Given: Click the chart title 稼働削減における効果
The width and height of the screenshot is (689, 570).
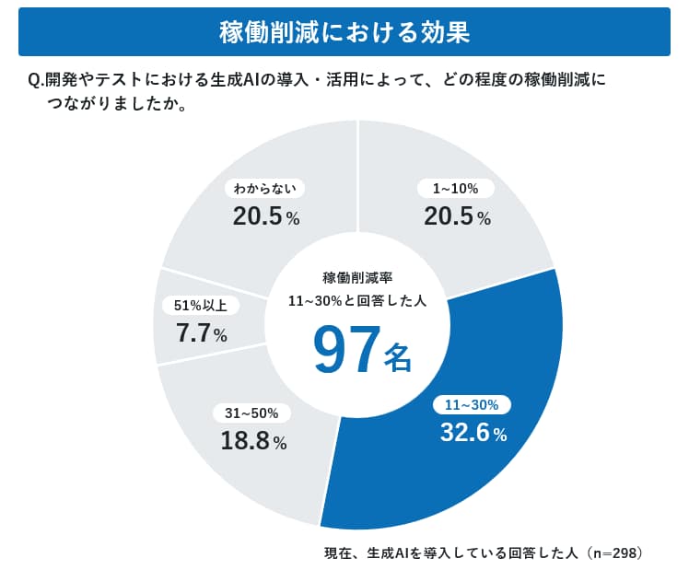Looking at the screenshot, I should click(x=344, y=32).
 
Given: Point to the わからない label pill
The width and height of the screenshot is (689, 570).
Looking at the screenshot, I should click(x=264, y=189).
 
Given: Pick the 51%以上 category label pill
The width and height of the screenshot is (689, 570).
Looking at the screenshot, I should click(x=200, y=306).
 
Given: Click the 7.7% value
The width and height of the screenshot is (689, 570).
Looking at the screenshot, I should click(x=201, y=334).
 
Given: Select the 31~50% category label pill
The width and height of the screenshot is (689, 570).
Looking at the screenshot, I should click(x=251, y=413).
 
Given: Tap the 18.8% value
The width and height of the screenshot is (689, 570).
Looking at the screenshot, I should click(x=253, y=441).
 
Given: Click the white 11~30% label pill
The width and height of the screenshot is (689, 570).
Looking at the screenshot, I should click(x=472, y=404).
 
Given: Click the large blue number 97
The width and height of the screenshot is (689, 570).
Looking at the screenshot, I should click(x=346, y=351).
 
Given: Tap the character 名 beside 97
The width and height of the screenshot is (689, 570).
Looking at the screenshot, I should click(x=397, y=358).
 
